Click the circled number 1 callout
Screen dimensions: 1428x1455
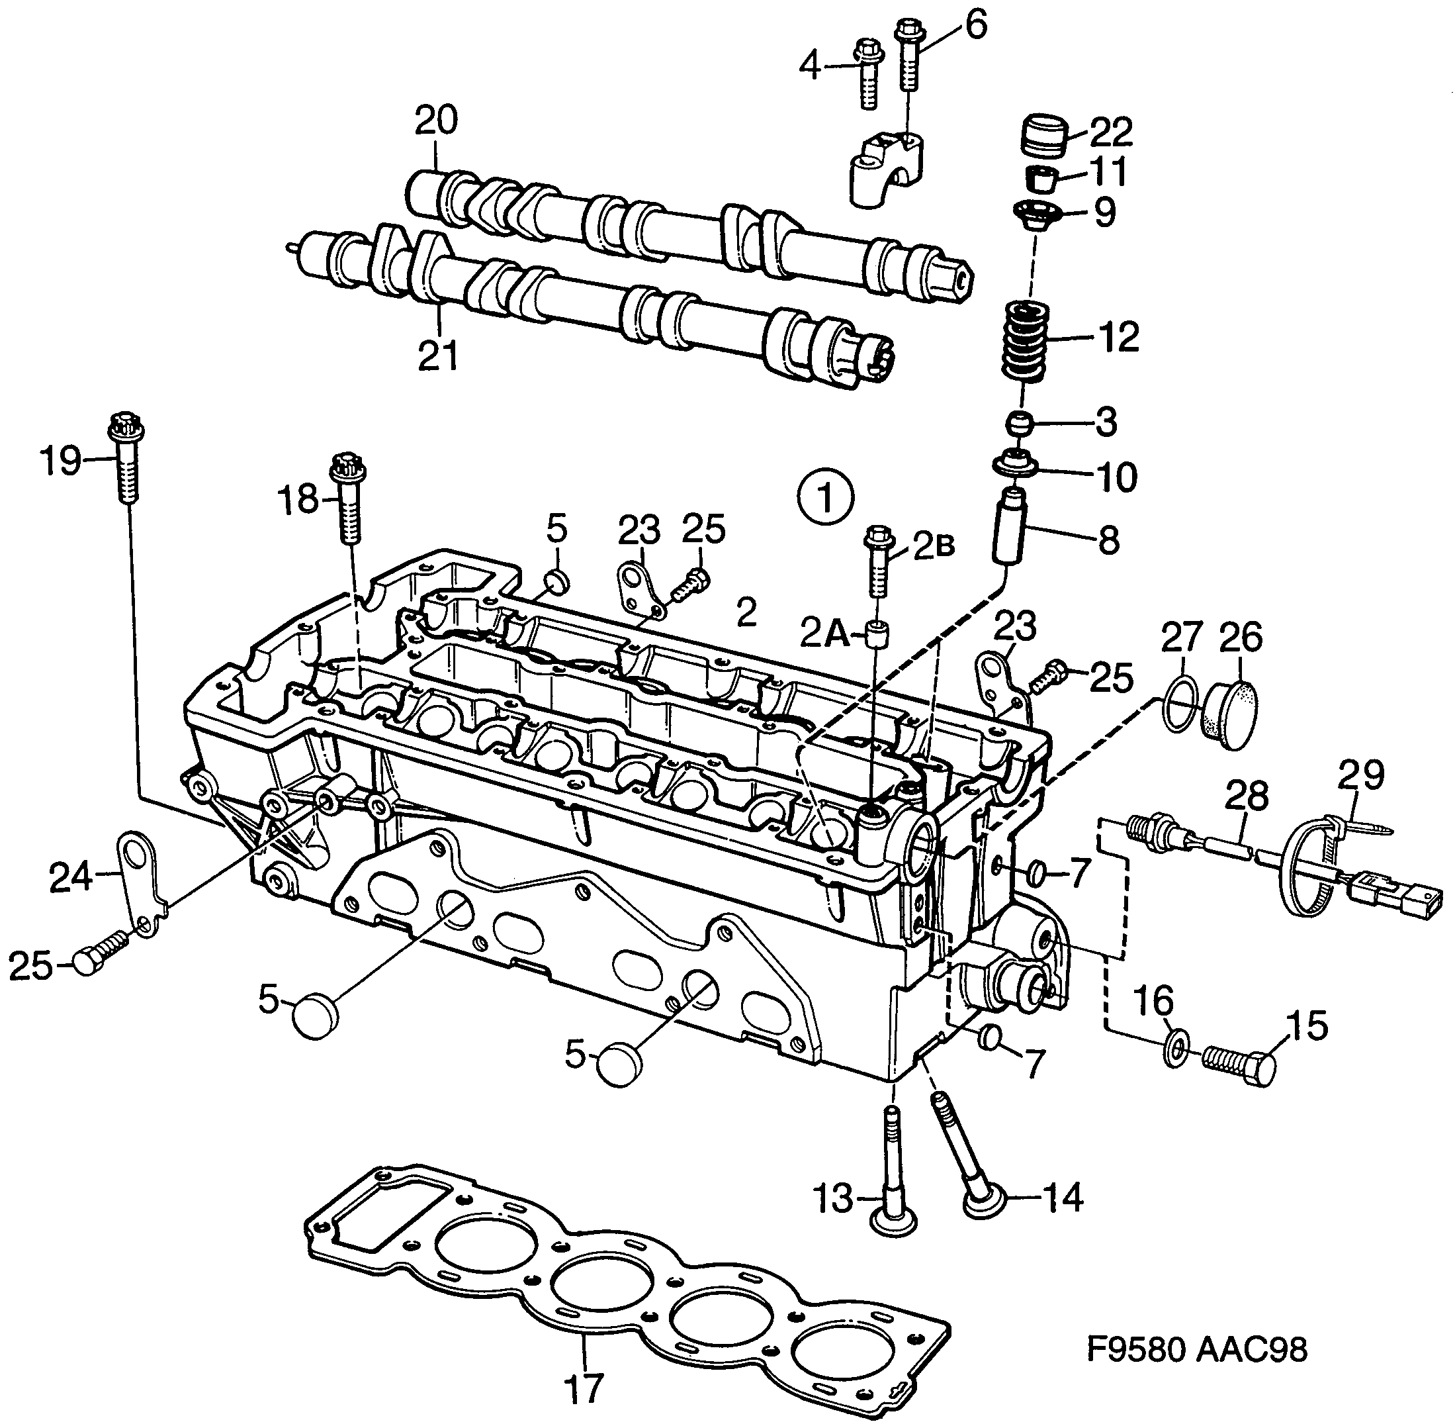[825, 497]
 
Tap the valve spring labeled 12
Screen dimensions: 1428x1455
[1026, 342]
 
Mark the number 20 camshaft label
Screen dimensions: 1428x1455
[436, 120]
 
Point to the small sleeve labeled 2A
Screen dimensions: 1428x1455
[878, 634]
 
